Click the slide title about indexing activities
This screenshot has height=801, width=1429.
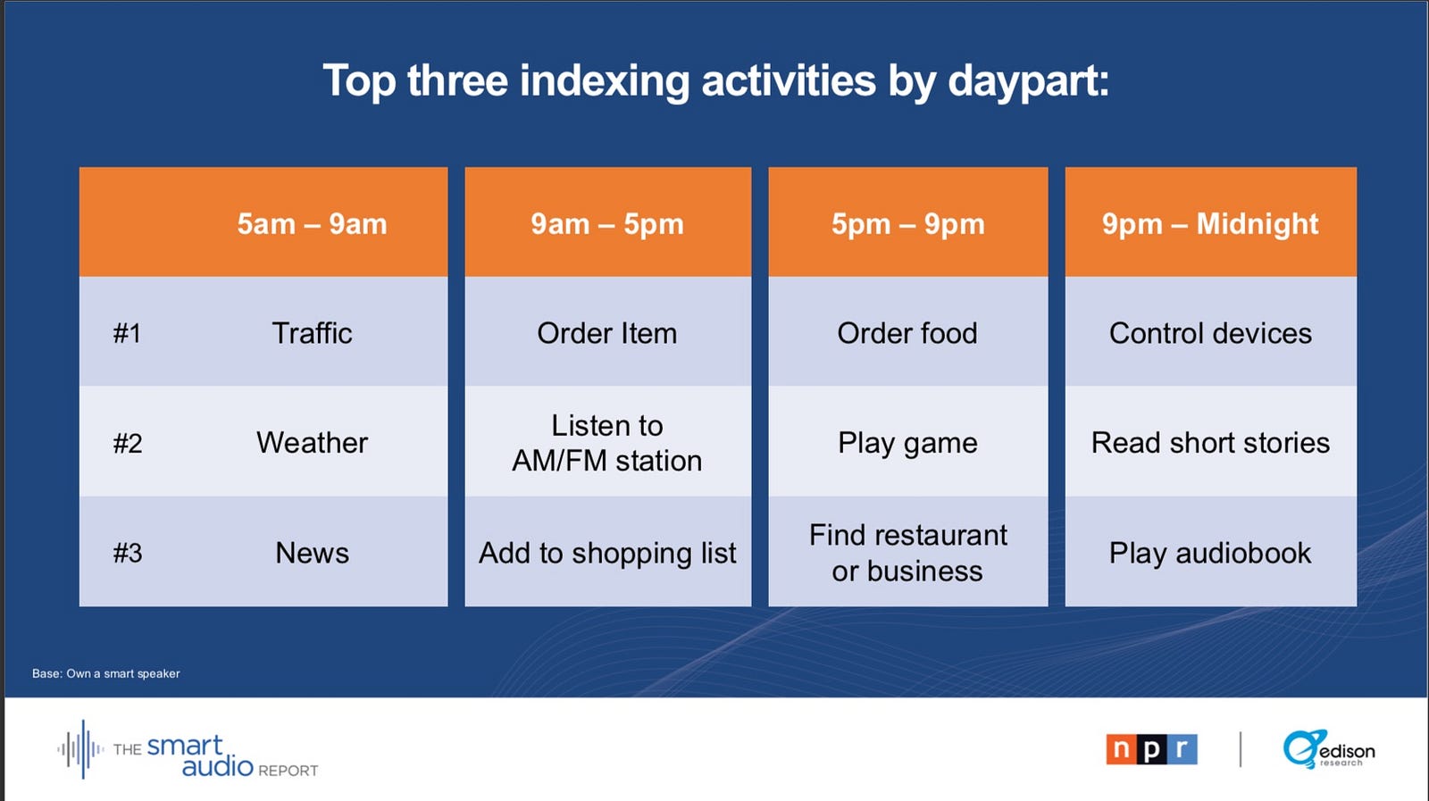coord(715,81)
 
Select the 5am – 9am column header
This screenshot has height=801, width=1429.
coord(312,224)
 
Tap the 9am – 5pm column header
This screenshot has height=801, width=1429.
coord(607,224)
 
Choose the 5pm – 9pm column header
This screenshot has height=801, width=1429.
coord(907,224)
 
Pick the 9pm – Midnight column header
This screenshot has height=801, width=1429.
coord(1210,224)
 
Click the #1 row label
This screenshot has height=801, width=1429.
coord(127,333)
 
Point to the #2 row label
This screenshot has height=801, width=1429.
coord(128,443)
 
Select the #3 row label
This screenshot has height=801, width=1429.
coord(128,552)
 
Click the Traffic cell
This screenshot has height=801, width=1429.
coord(312,333)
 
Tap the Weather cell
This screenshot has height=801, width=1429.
coord(312,443)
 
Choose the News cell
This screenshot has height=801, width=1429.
coord(312,552)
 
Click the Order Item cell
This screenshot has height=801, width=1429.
coord(607,333)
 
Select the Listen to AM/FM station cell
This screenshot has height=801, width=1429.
coord(607,443)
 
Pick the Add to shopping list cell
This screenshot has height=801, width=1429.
coord(607,553)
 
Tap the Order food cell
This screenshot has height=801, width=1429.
coord(907,333)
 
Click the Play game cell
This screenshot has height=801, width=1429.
coord(907,443)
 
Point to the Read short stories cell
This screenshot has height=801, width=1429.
coord(1210,443)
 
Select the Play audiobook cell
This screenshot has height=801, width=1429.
coord(1210,553)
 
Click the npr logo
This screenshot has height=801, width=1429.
coord(1151,749)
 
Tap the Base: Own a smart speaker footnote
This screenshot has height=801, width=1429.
coord(106,673)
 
